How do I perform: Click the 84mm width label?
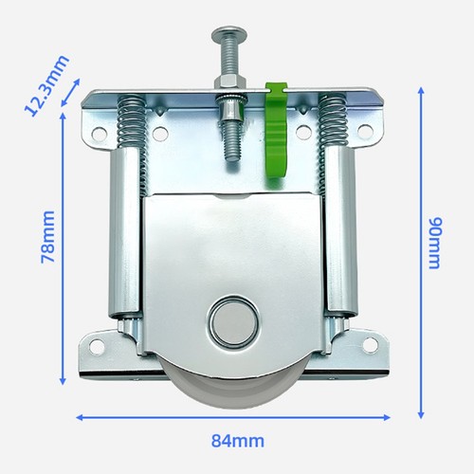point(238,441)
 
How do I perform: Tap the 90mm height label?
point(434,243)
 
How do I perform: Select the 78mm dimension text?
point(48,237)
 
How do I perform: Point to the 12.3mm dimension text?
point(46,85)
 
